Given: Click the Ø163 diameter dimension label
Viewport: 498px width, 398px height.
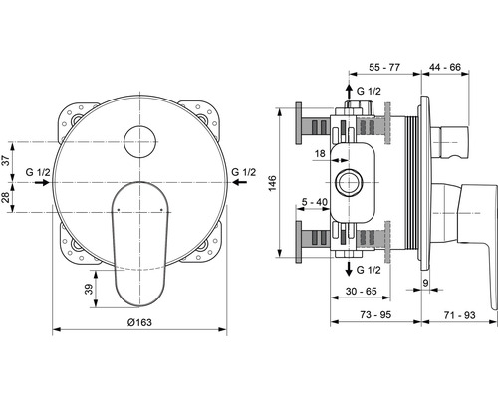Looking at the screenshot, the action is tap(139, 322).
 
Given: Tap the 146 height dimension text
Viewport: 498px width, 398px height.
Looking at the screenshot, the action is tap(272, 183).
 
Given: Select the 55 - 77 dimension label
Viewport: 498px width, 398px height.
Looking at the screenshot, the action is tap(384, 67).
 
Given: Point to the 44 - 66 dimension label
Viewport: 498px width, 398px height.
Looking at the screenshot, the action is tap(445, 67).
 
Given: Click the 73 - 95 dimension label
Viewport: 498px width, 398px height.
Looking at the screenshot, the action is tap(375, 314).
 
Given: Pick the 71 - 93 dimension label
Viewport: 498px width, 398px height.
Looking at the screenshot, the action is tap(460, 315).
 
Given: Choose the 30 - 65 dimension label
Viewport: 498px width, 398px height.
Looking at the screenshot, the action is tap(362, 291).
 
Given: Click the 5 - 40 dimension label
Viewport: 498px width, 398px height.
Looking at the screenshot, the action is tap(315, 202).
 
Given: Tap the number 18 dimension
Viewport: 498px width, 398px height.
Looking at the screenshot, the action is tap(320, 154).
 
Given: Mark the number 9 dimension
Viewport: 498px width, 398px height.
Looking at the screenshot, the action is tap(426, 283).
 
